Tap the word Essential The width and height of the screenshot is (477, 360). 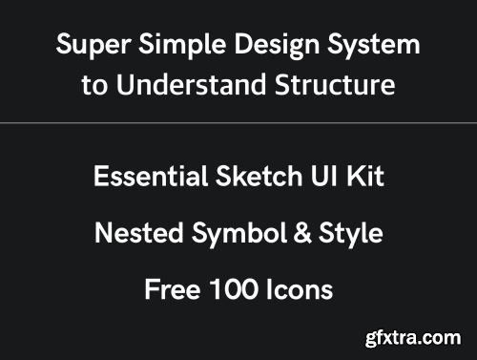point(143,177)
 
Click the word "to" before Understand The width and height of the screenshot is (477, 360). point(93,85)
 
